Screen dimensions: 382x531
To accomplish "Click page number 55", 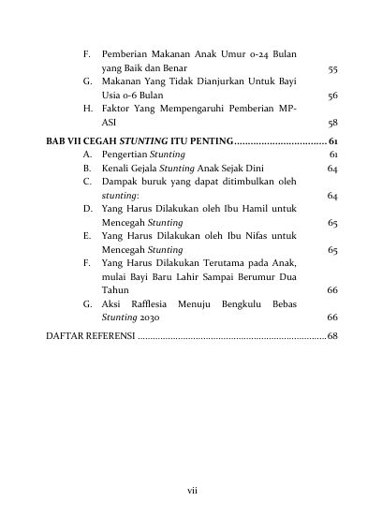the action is click(x=332, y=69).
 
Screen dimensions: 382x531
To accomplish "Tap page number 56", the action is click(x=332, y=96).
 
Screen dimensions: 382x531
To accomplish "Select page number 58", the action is click(x=332, y=123).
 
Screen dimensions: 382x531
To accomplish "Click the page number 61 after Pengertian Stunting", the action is click(x=333, y=154).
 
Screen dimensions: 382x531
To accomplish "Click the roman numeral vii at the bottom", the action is click(x=191, y=489).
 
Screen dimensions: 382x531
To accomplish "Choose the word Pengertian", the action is click(x=124, y=154).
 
